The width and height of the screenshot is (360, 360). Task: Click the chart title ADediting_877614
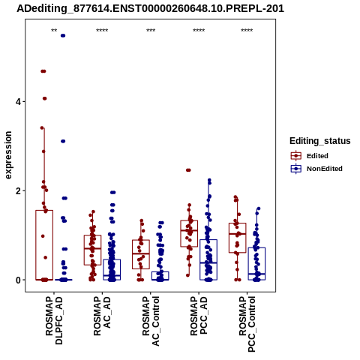[150, 9]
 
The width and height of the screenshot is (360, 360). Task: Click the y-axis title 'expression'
[8, 155]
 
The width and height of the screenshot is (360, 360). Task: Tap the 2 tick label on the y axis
[18, 191]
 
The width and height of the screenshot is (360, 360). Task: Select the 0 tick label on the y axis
[18, 280]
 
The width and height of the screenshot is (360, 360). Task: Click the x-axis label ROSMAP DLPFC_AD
[54, 320]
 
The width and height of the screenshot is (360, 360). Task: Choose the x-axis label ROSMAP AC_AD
[102, 316]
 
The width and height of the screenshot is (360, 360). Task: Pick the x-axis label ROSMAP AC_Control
[151, 321]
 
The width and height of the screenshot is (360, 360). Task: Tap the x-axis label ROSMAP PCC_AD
[199, 316]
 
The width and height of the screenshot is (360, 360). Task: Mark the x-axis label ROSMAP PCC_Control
[247, 324]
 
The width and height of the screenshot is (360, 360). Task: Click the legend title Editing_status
[320, 141]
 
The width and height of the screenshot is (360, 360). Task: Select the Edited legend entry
[310, 156]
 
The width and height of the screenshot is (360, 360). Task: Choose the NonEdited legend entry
[316, 169]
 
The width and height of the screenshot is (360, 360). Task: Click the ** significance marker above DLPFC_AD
[54, 31]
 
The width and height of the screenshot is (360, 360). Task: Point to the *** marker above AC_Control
[151, 31]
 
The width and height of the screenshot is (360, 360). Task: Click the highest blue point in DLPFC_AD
[63, 36]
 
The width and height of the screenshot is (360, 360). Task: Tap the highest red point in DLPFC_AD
[43, 71]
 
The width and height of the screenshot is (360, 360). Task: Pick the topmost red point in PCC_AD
[188, 170]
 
